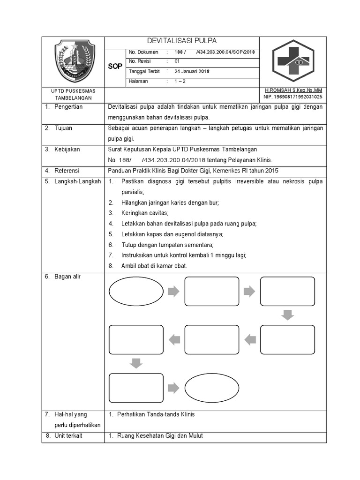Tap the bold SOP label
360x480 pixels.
point(115,67)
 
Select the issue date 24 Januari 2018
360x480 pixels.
point(192,72)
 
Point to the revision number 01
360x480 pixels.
point(177,61)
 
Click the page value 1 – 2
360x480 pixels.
point(180,81)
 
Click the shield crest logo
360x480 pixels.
point(75,61)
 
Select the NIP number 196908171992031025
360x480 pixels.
point(293,97)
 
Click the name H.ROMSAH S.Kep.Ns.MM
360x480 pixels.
point(293,90)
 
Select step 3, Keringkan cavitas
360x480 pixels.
point(142,213)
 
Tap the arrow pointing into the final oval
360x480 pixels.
point(173,387)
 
